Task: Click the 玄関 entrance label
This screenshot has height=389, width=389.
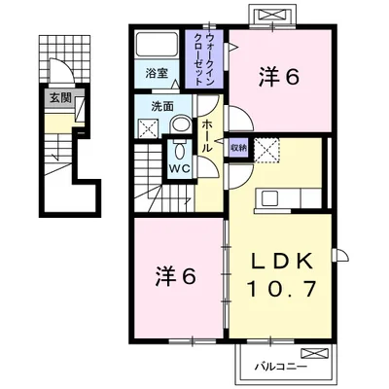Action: pos(60,98)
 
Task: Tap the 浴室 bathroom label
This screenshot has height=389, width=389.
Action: pos(157,73)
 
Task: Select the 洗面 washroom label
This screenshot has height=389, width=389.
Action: pos(162,106)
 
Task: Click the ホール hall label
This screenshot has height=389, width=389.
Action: pos(207,136)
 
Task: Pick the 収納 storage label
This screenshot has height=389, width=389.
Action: pos(239,148)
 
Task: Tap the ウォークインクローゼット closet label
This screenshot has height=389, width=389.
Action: pos(204,59)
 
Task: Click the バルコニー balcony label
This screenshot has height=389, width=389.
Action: pos(281,368)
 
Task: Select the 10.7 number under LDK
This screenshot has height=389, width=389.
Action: pos(281,290)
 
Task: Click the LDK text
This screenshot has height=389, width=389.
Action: pos(283,261)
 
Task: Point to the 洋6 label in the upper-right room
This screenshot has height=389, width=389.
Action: pos(278,77)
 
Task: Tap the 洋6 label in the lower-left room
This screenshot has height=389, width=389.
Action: pos(176,276)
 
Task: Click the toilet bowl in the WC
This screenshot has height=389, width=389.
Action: pos(179,150)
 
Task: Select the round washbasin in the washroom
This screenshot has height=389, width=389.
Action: pos(181,124)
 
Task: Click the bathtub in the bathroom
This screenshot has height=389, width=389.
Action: pos(157,45)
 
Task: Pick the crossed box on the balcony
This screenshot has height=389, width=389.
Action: pos(313,353)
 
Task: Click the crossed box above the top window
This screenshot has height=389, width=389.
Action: pos(271,15)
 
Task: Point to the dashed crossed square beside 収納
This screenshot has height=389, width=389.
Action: pos(266,150)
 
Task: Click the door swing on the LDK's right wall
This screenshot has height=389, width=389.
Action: pos(340,255)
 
